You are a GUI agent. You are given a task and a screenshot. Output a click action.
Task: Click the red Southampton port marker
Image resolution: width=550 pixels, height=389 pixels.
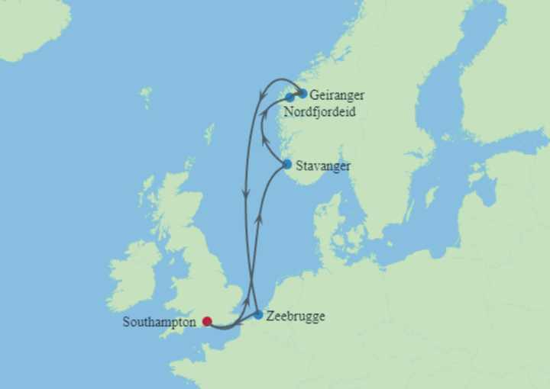[207, 321]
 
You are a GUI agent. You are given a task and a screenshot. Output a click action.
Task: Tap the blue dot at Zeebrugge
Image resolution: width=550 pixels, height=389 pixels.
[258, 314]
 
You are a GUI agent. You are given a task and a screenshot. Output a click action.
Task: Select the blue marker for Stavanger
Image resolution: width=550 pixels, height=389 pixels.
[286, 164]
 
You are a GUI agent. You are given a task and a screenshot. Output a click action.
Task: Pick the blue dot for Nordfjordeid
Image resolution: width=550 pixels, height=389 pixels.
[290, 98]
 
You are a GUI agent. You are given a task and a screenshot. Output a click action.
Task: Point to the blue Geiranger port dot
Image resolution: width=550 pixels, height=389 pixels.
[303, 94]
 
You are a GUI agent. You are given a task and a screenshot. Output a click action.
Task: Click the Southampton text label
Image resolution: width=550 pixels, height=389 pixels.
[158, 322]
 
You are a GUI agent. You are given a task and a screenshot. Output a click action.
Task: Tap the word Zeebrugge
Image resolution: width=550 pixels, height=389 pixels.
[296, 316]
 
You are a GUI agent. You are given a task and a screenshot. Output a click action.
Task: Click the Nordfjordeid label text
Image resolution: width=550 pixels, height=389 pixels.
[319, 111]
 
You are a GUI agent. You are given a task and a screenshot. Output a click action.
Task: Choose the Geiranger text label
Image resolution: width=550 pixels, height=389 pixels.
[337, 95]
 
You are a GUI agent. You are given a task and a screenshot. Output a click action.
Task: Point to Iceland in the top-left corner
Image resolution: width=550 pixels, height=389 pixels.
[31, 27]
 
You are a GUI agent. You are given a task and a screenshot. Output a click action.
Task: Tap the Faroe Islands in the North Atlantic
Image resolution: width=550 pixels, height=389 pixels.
[145, 96]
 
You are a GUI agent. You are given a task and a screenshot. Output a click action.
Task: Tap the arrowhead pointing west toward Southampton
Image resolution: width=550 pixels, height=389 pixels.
[238, 324]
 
